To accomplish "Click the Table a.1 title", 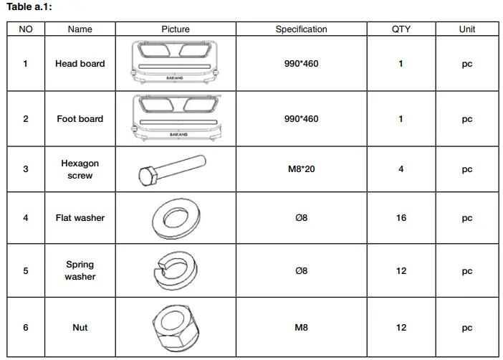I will tap(29, 7).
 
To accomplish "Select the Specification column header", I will tap(301, 29).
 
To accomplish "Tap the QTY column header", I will tap(401, 29).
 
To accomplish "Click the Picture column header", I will tap(176, 29).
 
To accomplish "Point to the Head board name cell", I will tap(80, 64).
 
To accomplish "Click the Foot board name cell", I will tap(80, 119).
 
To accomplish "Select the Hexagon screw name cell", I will tap(80, 169).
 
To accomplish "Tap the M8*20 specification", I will tap(301, 169).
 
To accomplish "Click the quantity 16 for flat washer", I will tap(401, 218).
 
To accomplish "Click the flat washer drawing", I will tap(175, 217).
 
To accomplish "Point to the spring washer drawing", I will tap(174, 271).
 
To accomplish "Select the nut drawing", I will tap(175, 327).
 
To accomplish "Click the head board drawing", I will tap(176, 63).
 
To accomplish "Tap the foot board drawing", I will tap(176, 118).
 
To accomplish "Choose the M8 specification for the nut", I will tap(301, 328).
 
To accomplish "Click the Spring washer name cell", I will tap(80, 271).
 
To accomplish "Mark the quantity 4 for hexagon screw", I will tap(401, 169).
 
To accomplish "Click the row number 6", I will tap(26, 328).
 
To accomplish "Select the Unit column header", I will tap(466, 29).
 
